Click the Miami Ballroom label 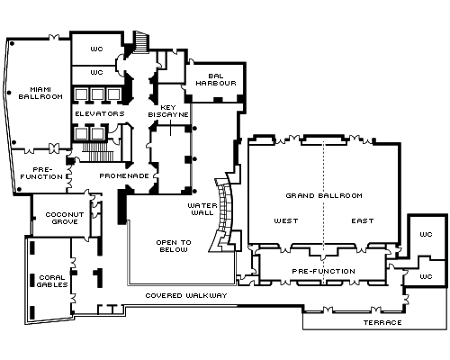tap(40, 93)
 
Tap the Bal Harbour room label tap(216, 79)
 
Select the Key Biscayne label tap(168, 111)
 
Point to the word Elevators tap(100, 113)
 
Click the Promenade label tap(124, 175)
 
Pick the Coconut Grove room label tap(65, 218)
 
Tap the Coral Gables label tap(52, 281)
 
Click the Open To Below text tap(174, 246)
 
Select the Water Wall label tap(202, 209)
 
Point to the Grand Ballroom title tap(324, 196)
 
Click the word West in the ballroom tap(286, 221)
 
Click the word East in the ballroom tap(363, 221)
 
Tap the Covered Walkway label tap(186, 295)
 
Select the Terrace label tap(382, 323)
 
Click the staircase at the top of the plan tap(141, 42)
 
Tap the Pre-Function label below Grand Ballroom tap(324, 272)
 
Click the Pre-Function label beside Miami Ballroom tap(41, 174)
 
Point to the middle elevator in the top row tap(97, 94)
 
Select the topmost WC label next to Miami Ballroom tap(96, 49)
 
